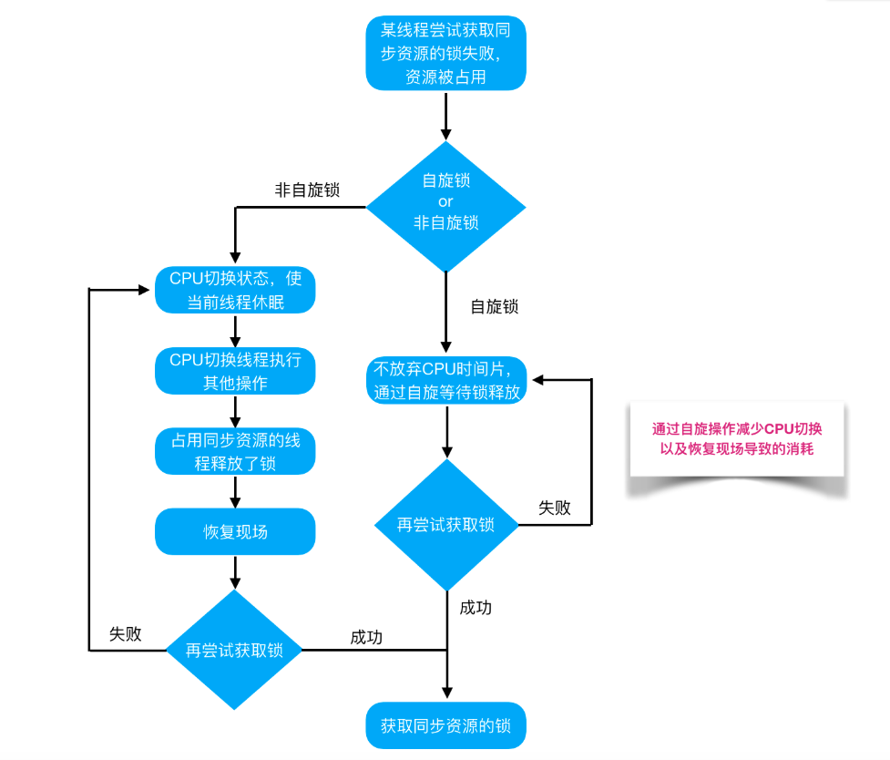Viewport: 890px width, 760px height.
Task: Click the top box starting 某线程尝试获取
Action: [x=445, y=54]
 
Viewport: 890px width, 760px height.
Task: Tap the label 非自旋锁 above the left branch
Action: [x=307, y=190]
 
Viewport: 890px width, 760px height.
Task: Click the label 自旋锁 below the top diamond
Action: [x=494, y=307]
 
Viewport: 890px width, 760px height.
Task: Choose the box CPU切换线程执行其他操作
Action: [x=235, y=371]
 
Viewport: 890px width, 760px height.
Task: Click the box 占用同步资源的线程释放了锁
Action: [x=235, y=451]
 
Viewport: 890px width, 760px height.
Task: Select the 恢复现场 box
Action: [x=235, y=531]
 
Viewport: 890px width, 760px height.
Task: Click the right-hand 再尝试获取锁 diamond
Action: [x=445, y=525]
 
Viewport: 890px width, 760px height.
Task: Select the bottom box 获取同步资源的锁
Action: [x=445, y=726]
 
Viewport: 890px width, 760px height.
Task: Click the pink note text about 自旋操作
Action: [x=737, y=438]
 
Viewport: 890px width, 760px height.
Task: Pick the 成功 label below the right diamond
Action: [x=476, y=608]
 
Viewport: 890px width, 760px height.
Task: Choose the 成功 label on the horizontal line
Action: [x=366, y=637]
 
